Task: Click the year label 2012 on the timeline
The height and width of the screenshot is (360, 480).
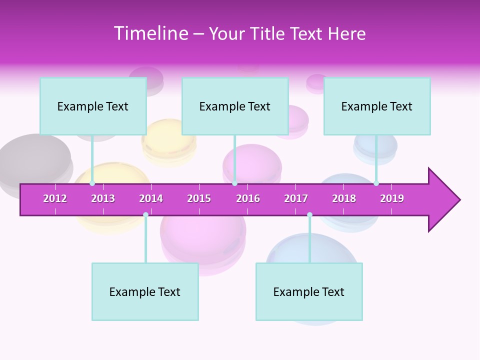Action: point(55,198)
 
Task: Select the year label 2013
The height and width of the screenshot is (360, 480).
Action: point(103,198)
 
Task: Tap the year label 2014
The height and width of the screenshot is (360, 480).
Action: point(151,198)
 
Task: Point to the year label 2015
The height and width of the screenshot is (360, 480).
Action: point(199,198)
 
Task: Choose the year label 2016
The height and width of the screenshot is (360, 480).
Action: point(248,198)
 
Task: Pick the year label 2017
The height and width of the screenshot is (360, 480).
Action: point(296,198)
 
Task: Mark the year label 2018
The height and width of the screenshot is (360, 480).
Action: point(344,198)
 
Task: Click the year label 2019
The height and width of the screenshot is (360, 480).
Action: point(392,198)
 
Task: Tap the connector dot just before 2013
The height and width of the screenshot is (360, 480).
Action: point(92,183)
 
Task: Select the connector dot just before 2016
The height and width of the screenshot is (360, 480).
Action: point(234,183)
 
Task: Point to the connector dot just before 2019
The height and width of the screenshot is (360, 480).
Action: point(376,183)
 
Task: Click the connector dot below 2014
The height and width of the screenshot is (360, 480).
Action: point(145,214)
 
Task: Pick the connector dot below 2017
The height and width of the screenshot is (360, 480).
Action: point(309,214)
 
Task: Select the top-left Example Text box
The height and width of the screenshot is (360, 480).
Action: point(93,106)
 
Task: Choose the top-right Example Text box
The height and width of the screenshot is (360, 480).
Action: point(377,106)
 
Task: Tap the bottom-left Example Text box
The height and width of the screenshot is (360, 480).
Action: point(145,291)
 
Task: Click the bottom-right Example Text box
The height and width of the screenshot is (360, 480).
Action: point(309,291)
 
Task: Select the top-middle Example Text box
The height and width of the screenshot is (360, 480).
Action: point(235,106)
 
